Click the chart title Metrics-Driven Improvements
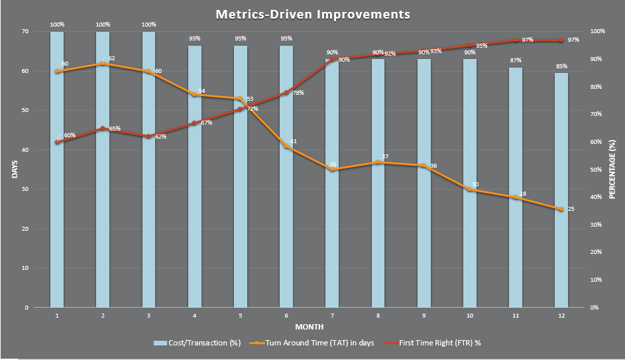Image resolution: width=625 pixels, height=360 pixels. (312, 14)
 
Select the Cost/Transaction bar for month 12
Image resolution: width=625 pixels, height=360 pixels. (561, 192)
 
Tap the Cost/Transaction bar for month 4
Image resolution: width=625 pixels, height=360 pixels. (194, 179)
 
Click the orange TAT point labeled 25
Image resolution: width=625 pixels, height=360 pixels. (561, 209)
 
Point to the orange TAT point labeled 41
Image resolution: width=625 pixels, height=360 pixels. (286, 146)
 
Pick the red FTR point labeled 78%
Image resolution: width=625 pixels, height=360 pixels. (286, 92)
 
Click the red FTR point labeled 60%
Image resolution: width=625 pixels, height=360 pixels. (58, 142)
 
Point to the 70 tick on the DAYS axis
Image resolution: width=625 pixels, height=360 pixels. (25, 31)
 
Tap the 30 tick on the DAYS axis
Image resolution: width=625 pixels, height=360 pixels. (25, 189)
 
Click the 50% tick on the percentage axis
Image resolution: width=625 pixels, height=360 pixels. (597, 170)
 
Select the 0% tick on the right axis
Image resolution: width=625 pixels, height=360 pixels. (595, 308)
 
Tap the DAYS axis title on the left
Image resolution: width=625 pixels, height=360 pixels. (15, 169)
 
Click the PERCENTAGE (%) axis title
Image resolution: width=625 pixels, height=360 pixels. (612, 169)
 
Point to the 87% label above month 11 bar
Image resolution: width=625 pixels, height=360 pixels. (515, 60)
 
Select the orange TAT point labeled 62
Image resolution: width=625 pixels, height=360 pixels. (103, 64)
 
